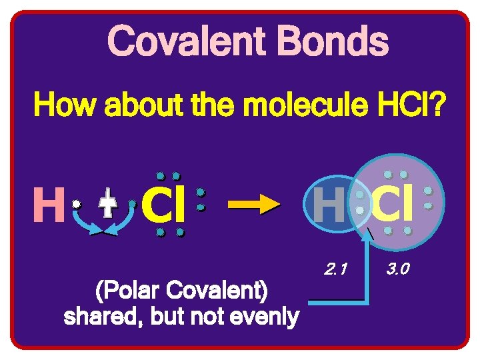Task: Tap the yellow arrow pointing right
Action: coord(254,207)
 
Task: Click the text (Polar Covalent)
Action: coord(182,291)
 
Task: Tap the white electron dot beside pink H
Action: coord(77,203)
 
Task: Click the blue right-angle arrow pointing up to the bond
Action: coord(369,280)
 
